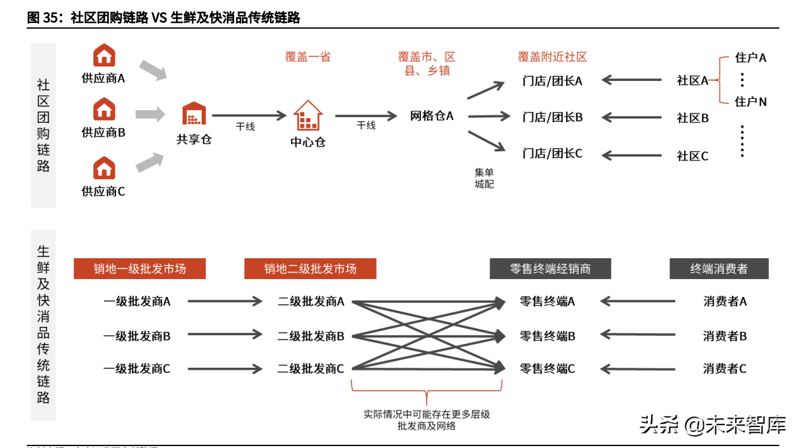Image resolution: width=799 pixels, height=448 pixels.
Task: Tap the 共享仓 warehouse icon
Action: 194,114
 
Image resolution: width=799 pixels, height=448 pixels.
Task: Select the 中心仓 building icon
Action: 308,115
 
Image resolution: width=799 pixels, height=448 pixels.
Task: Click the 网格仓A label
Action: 431,116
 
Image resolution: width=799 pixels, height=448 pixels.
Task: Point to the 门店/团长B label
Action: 552,117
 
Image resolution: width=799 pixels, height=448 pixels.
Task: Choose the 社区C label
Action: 692,156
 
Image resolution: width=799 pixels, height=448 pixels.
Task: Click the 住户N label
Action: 750,101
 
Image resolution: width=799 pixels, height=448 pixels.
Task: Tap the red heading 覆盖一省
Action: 308,57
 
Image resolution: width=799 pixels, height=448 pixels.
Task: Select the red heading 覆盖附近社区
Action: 552,57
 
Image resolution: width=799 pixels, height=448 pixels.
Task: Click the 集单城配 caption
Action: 484,178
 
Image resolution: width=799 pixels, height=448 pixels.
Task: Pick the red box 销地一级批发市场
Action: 140,269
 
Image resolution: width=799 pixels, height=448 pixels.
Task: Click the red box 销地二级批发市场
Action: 310,269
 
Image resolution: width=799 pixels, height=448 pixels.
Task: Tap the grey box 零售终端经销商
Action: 550,269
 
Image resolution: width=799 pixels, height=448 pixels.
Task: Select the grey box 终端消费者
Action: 719,269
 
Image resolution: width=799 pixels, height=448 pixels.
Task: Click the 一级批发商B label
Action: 137,336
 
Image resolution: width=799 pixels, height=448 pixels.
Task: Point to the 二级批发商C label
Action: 311,368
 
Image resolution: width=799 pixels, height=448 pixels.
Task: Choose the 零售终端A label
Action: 548,301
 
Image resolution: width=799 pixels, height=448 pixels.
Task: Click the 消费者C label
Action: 725,368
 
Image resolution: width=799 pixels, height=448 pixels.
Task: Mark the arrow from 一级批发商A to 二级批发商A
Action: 225,301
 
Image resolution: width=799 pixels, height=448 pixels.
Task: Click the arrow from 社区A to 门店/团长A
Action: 632,80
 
